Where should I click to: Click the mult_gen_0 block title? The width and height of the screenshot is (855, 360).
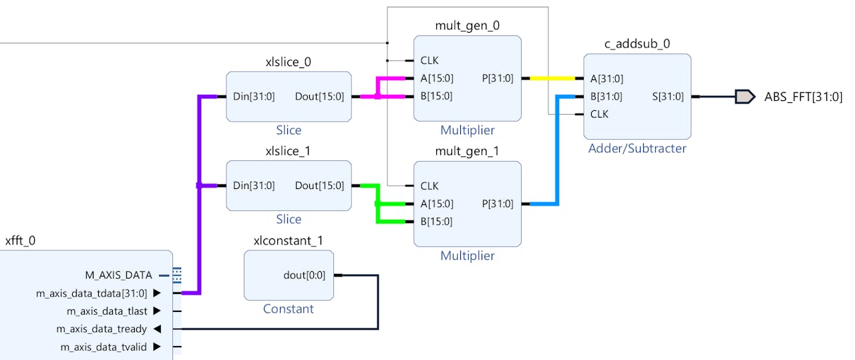(467, 26)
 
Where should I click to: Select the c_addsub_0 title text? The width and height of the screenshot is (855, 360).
(637, 44)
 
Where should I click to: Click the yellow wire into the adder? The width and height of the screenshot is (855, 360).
(553, 78)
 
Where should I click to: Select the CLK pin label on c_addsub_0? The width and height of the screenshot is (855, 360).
(599, 114)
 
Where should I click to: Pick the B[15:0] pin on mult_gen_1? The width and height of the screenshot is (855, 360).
(436, 222)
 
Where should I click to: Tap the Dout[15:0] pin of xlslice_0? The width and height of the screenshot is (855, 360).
(319, 96)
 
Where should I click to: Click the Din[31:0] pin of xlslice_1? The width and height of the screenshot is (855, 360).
(254, 186)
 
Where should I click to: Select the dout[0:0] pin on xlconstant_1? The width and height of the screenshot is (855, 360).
(305, 275)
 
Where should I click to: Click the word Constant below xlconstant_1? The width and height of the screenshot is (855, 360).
(288, 309)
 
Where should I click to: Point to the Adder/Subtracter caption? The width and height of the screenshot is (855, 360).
(637, 148)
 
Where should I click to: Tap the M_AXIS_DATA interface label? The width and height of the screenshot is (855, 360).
(118, 275)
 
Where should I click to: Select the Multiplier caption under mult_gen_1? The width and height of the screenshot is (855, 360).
(467, 256)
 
